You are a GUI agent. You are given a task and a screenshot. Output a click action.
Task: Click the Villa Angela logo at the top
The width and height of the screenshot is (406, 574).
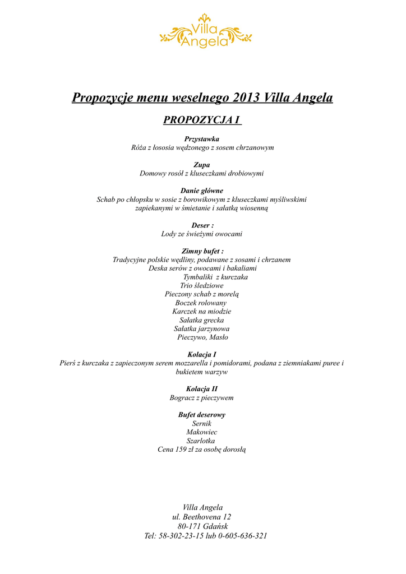[205, 33]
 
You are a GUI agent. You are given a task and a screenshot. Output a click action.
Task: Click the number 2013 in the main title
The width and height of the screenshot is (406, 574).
[246, 98]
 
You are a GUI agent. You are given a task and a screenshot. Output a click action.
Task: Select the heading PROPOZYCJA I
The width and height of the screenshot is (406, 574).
[202, 120]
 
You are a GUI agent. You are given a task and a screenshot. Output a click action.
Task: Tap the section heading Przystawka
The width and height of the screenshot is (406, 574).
[202, 138]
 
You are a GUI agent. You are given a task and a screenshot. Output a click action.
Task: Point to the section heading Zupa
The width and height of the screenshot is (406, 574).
[202, 165]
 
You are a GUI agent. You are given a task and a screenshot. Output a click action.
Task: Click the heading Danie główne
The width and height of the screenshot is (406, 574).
[202, 191]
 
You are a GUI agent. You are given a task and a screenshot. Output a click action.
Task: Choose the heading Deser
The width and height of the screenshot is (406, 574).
[202, 225]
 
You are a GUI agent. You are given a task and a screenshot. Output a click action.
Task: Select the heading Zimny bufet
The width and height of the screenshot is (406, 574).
[202, 251]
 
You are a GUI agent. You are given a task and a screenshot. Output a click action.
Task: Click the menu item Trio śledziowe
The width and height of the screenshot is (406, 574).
[201, 286]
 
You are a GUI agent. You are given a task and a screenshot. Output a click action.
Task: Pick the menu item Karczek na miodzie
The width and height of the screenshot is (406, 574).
[202, 312]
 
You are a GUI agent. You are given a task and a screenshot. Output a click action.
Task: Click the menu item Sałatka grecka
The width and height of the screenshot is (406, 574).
[201, 320]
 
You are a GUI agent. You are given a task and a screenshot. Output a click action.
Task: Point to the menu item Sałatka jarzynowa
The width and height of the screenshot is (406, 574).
[201, 328]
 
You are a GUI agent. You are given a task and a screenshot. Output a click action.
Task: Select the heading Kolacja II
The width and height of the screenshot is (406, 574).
[202, 388]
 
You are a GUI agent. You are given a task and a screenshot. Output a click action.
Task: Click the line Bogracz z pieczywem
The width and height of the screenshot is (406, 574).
[202, 398]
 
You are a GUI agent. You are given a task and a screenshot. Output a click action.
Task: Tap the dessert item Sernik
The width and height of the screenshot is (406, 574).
[202, 424]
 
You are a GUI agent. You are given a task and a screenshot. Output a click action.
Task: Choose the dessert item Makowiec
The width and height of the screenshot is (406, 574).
[202, 432]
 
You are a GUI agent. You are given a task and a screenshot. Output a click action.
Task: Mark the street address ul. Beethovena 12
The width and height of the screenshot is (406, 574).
[202, 517]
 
